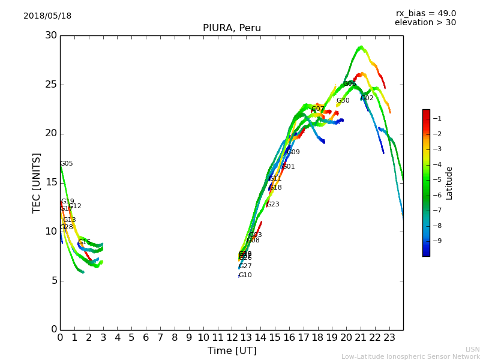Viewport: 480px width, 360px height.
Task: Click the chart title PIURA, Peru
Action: (232, 28)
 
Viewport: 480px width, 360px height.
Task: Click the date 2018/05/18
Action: (47, 16)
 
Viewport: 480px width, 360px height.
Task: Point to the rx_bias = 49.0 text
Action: (425, 14)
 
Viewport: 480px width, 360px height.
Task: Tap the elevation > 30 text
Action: (425, 23)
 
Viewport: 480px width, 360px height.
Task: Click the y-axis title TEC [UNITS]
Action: (37, 182)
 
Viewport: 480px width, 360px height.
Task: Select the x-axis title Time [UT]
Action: (232, 350)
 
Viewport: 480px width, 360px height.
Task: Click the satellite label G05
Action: (67, 164)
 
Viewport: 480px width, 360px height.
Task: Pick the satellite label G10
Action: (245, 275)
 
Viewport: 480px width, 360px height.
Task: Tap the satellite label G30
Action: (343, 101)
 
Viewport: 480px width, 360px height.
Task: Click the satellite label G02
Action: (367, 98)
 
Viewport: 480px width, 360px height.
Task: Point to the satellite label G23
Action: (273, 205)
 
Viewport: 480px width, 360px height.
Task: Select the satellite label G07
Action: (317, 109)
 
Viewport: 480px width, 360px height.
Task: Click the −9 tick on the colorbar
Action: (437, 241)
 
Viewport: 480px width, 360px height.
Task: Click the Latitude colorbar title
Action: (449, 183)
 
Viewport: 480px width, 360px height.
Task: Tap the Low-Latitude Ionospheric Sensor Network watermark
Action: (410, 356)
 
